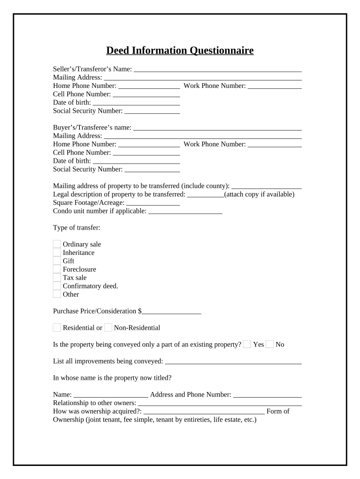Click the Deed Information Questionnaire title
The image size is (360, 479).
coord(180,51)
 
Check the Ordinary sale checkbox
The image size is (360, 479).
coord(57,244)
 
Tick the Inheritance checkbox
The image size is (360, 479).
coord(57,253)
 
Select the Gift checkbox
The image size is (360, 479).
coord(57,261)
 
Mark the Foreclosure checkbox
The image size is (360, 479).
coord(57,269)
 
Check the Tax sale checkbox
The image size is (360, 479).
coord(57,277)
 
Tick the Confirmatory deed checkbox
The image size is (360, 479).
coord(57,286)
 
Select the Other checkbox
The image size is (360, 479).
coord(57,294)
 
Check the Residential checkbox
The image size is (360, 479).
coord(57,327)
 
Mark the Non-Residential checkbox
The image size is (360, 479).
coord(108,327)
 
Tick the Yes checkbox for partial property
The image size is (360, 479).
coord(247,344)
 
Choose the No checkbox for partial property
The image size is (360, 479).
coord(270,344)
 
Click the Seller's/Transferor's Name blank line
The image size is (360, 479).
coord(217,69)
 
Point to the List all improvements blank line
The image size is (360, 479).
coord(233,362)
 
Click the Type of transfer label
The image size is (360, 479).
coord(77,228)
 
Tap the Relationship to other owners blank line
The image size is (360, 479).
coord(220,403)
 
